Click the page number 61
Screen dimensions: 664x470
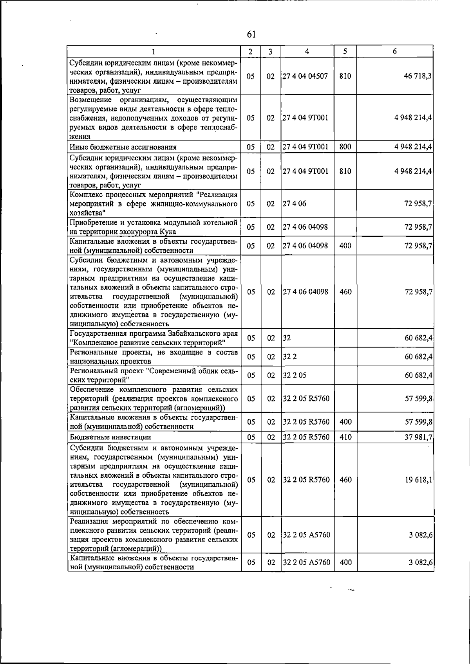(251, 34)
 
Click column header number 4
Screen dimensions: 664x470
(307, 51)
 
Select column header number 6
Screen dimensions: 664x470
(394, 51)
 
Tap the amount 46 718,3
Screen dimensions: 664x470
(418, 76)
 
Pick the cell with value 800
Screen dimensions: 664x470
(345, 147)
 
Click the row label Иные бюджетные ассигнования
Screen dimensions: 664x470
(123, 148)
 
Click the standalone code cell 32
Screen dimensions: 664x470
(287, 338)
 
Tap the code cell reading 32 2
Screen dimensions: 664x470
(289, 356)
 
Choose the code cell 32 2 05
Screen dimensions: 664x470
(295, 375)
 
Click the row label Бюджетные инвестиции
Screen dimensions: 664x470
(110, 437)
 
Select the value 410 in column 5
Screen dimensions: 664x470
(345, 437)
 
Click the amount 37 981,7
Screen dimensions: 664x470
(418, 437)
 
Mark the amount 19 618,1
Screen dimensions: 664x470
(418, 480)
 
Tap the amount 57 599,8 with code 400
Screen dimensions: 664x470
(418, 422)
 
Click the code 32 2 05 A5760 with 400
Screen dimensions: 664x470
(306, 562)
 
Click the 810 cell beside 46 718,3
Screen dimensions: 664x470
(345, 76)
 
